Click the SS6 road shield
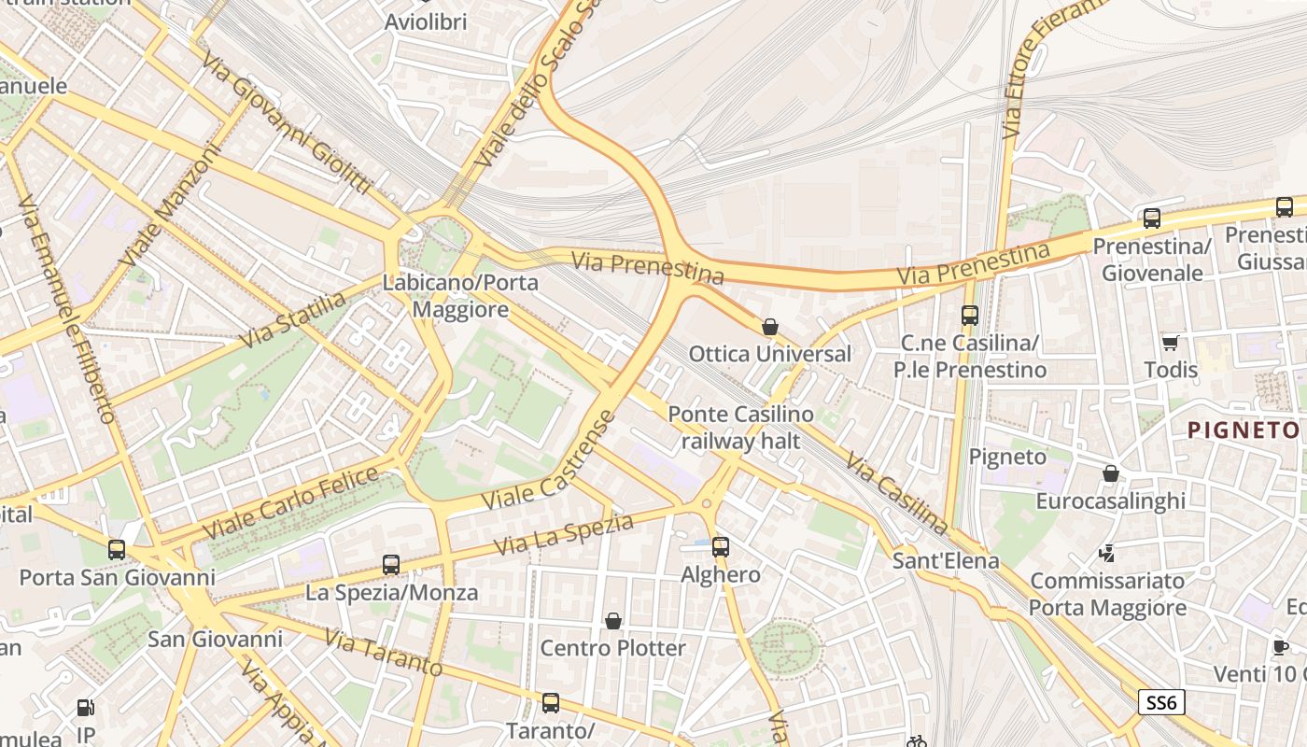(1161, 702)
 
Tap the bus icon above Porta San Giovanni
(117, 550)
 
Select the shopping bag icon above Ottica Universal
(770, 327)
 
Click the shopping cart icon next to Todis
(1170, 343)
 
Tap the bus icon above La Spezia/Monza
(391, 565)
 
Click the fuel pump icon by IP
(85, 709)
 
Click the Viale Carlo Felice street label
(290, 501)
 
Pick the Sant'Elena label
(946, 561)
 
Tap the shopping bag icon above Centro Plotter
(613, 621)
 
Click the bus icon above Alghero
(720, 547)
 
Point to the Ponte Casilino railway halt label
(740, 428)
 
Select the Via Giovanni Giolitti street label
(287, 120)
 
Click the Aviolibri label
(426, 21)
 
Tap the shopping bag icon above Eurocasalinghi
(1111, 474)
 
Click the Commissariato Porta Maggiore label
(1107, 594)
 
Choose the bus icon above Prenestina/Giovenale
(1152, 218)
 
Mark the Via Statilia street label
(292, 320)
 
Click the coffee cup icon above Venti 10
(1281, 647)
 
